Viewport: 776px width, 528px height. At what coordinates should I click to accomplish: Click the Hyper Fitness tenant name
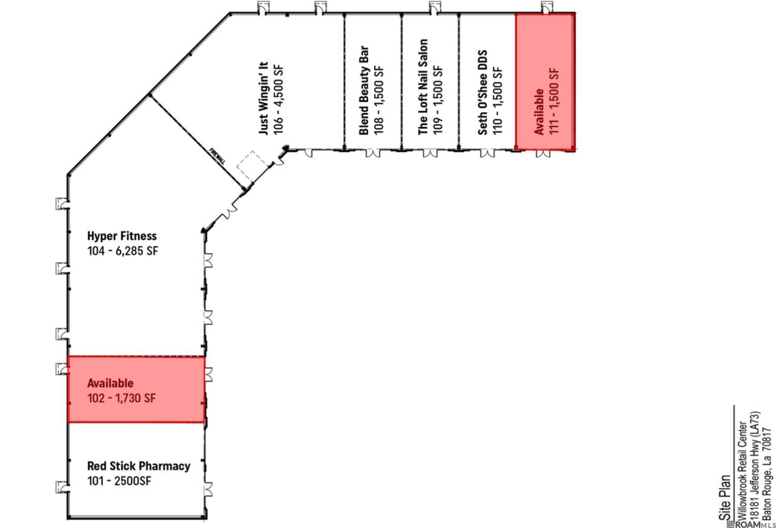122,236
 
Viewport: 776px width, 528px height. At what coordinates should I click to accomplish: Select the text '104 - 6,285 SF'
122,251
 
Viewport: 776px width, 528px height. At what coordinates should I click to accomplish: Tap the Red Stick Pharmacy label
139,466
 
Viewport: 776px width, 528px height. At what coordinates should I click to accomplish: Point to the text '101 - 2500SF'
119,481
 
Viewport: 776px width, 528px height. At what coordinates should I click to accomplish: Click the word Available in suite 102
110,383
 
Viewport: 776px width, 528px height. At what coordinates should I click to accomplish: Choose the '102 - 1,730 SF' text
122,398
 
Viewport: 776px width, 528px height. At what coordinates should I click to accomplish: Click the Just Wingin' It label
264,98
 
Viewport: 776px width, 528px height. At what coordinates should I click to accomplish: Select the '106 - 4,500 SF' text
278,99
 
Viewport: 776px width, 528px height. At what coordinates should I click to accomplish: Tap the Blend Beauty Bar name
364,90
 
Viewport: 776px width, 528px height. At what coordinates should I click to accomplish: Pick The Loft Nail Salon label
423,87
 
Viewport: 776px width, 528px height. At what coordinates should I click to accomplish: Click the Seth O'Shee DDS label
482,93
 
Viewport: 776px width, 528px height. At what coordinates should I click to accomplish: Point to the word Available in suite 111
539,112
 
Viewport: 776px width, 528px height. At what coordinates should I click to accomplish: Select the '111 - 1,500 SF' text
554,101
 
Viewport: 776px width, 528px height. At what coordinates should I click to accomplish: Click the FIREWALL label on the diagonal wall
218,156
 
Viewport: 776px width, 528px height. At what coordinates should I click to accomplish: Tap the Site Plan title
724,497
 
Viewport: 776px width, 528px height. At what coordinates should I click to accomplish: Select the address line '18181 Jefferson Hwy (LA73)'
755,466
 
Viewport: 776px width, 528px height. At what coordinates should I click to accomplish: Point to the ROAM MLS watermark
751,524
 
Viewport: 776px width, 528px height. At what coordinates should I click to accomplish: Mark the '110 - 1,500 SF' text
497,101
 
